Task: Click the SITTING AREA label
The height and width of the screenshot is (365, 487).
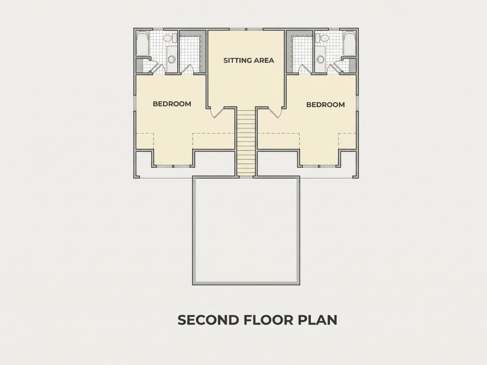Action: (249, 60)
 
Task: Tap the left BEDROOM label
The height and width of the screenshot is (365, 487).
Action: (172, 104)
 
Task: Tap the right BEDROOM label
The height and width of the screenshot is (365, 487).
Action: (325, 104)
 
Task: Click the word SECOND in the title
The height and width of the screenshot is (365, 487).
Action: (209, 320)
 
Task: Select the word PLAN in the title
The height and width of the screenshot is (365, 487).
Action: (318, 320)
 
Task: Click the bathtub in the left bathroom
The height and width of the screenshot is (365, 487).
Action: (143, 44)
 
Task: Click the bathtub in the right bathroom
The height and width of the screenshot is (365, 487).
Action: (350, 44)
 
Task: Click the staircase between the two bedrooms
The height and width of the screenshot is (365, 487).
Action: (246, 142)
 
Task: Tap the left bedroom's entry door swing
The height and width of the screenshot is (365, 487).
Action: (217, 112)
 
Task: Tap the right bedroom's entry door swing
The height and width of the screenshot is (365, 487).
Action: (275, 112)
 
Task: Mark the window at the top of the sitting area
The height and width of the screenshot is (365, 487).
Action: (246, 30)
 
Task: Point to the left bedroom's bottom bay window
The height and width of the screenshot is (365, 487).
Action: (173, 166)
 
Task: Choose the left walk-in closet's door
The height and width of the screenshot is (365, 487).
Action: (187, 69)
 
